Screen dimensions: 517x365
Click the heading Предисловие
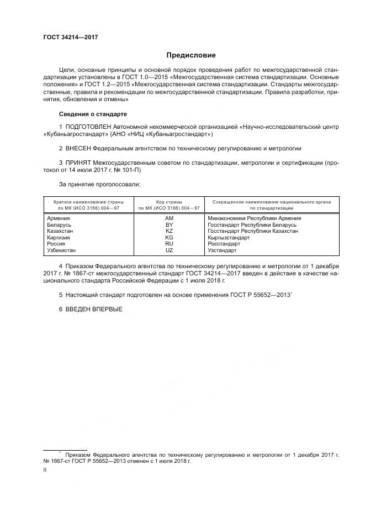[191, 55]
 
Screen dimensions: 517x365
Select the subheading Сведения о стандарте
[93, 114]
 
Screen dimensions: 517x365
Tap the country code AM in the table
[169, 219]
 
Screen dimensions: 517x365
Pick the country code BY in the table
[169, 225]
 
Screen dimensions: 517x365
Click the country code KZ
[169, 231]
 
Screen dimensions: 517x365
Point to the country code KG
[169, 238]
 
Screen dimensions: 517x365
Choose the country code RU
[169, 244]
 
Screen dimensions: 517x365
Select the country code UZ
[169, 250]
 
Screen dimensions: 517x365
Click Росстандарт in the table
[224, 244]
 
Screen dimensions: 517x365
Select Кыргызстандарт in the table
[228, 238]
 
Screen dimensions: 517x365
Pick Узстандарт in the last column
[222, 250]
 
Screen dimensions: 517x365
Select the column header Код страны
[169, 202]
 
